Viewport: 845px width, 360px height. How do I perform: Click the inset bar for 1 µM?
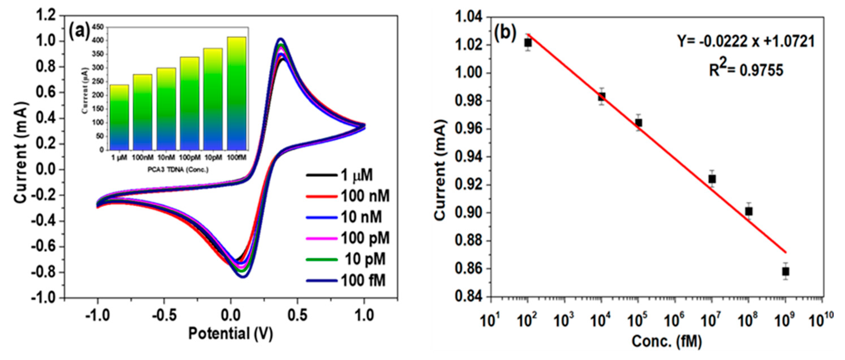click(x=119, y=117)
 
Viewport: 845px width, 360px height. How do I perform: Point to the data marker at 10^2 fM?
click(x=528, y=43)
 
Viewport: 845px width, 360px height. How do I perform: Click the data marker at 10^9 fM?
click(x=785, y=271)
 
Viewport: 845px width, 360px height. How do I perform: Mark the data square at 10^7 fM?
click(x=712, y=179)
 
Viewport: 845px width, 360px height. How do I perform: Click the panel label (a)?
click(x=79, y=32)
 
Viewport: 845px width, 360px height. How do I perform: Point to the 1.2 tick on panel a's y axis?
click(x=48, y=16)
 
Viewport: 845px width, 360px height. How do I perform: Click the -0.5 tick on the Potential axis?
click(x=164, y=316)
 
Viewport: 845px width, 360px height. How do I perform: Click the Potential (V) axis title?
click(x=231, y=334)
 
